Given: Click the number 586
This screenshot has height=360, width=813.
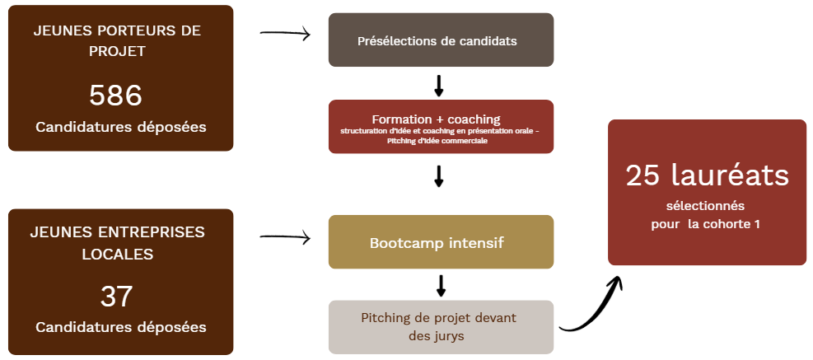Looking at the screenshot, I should click(x=116, y=96).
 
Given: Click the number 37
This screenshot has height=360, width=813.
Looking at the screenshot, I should click(x=116, y=296).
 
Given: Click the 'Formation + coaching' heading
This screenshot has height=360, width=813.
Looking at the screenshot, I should click(x=436, y=119).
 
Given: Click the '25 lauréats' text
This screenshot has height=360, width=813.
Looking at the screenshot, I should click(x=707, y=175).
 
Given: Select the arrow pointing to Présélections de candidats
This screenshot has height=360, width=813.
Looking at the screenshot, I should click(x=284, y=34).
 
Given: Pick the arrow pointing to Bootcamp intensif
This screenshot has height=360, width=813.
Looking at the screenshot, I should click(x=284, y=238).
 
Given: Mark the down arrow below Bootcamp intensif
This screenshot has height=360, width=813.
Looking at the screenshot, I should click(x=441, y=285).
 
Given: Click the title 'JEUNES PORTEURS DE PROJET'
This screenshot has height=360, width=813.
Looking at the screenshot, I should click(x=116, y=40).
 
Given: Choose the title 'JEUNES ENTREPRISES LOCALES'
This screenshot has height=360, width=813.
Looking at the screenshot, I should click(x=117, y=243).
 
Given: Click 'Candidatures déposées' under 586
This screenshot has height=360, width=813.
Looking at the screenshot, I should click(x=120, y=127).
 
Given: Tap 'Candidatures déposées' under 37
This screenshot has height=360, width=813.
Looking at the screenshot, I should click(x=120, y=327).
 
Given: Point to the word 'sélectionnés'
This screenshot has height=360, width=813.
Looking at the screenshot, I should click(x=705, y=205).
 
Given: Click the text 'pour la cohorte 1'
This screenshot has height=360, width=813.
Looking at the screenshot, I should click(x=705, y=223).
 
